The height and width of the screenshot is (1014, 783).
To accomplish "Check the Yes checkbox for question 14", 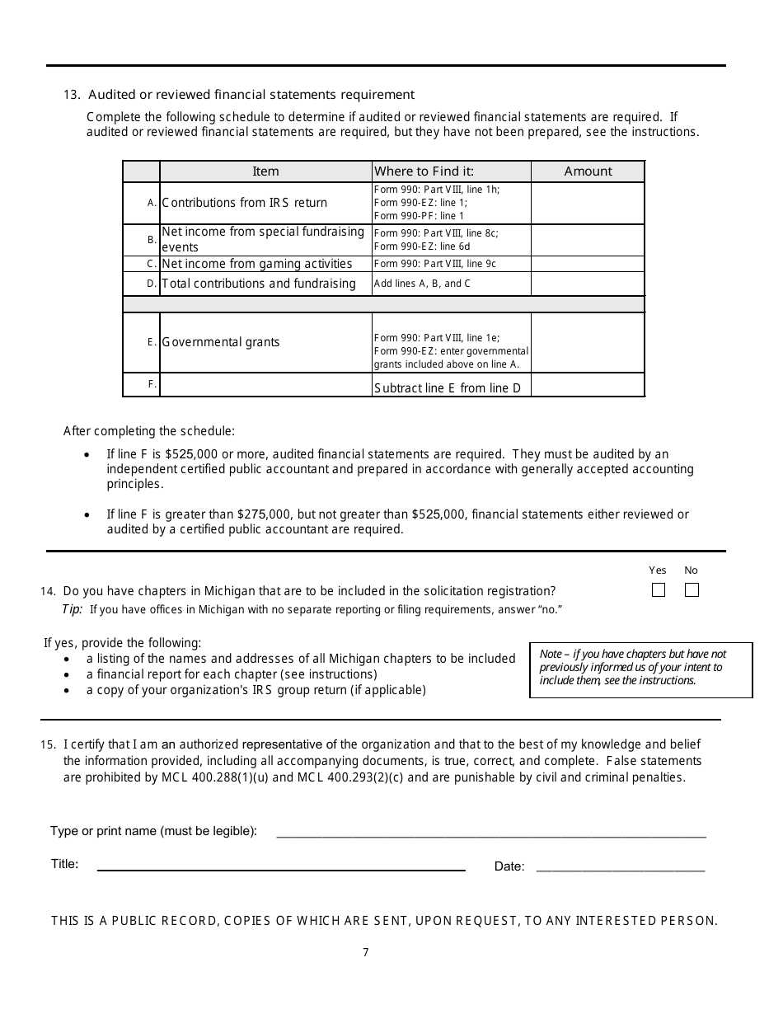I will pyautogui.click(x=658, y=589).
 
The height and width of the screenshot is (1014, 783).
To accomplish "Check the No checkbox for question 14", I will pyautogui.click(x=692, y=589).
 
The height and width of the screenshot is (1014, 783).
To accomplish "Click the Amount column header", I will pyautogui.click(x=588, y=171).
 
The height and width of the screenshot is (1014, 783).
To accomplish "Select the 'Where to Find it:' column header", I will pyautogui.click(x=424, y=171).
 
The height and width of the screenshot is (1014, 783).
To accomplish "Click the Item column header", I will pyautogui.click(x=265, y=171).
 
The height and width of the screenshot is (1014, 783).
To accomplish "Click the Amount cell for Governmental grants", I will pyautogui.click(x=588, y=342).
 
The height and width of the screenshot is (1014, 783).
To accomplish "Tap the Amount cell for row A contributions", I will pyautogui.click(x=588, y=203).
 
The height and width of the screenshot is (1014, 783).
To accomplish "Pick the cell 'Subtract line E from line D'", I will pyautogui.click(x=448, y=387).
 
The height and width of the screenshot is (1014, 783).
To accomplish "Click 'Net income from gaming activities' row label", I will pyautogui.click(x=257, y=264).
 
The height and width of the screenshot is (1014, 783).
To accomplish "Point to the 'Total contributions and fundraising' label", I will pyautogui.click(x=259, y=284).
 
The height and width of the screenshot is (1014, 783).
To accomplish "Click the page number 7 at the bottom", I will pyautogui.click(x=366, y=953).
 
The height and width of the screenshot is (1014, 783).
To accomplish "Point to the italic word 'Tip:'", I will pyautogui.click(x=73, y=609).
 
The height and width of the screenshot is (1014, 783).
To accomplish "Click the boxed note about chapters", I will pyautogui.click(x=640, y=669).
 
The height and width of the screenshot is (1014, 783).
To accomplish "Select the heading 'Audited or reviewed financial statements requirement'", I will pyautogui.click(x=251, y=95).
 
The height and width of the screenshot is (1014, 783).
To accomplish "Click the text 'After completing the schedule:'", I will pyautogui.click(x=149, y=431).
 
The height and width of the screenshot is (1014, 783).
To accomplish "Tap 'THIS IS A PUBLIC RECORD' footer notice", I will pyautogui.click(x=384, y=921).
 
